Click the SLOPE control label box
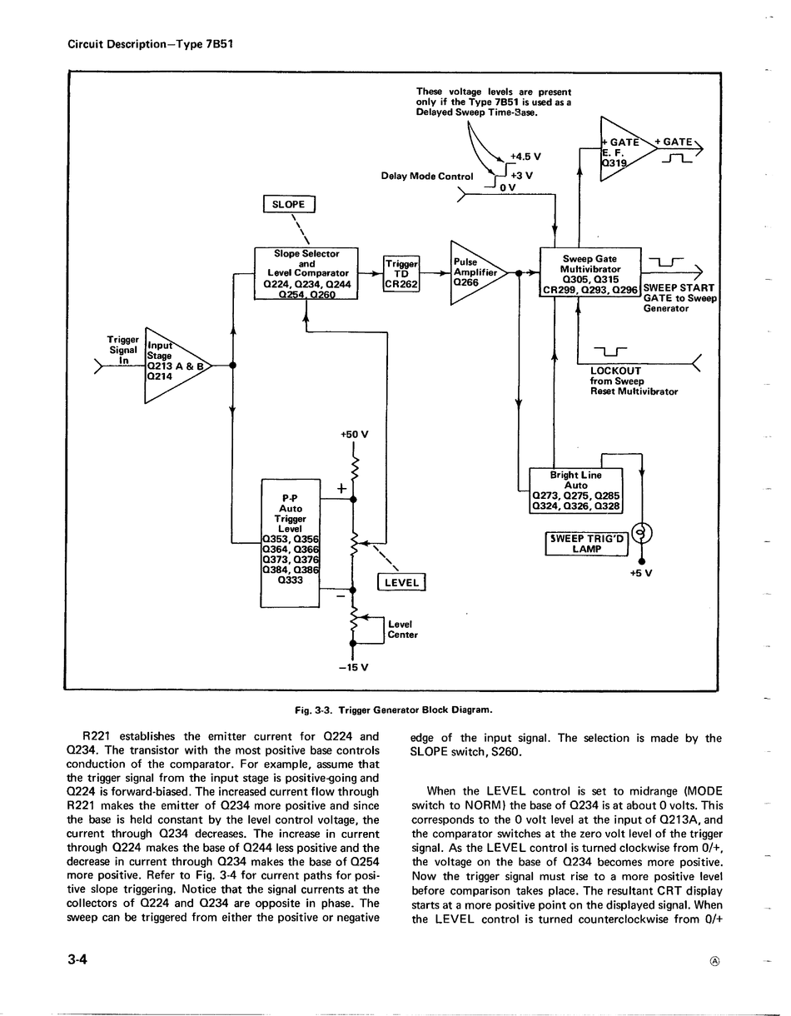click(289, 204)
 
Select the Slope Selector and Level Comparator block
click(306, 273)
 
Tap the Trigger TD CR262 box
click(401, 273)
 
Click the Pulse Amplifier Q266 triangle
click(478, 272)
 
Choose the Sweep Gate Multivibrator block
click(590, 272)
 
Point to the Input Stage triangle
click(177, 365)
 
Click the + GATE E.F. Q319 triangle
click(627, 149)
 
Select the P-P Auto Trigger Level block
click(291, 543)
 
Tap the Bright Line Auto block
click(576, 491)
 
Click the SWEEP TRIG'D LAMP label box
click(587, 543)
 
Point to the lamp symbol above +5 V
click(642, 532)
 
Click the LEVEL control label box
click(401, 582)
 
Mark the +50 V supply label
click(355, 435)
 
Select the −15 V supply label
click(353, 667)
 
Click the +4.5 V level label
click(525, 157)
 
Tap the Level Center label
click(402, 630)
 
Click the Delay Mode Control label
click(427, 177)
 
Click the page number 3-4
click(77, 959)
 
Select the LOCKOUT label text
click(615, 371)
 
